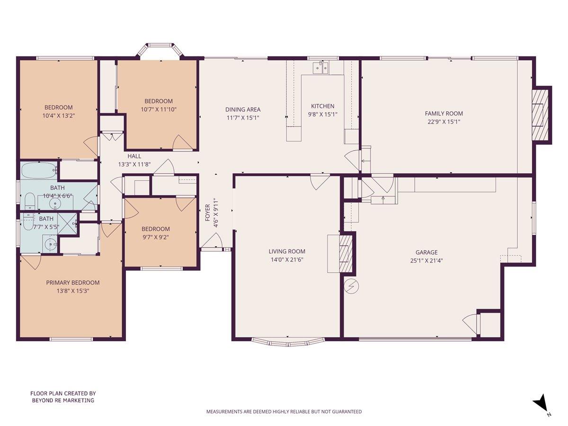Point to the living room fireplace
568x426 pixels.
pyautogui.click(x=346, y=253)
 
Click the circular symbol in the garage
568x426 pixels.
pyautogui.click(x=351, y=286)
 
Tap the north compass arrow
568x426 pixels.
pyautogui.click(x=541, y=404)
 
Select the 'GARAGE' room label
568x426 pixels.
pyautogui.click(x=426, y=252)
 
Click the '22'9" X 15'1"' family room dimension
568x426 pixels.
pyautogui.click(x=444, y=121)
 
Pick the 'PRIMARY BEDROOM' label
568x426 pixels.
pyautogui.click(x=73, y=283)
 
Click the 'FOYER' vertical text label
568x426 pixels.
pyautogui.click(x=207, y=213)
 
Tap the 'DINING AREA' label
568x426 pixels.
pyautogui.click(x=242, y=109)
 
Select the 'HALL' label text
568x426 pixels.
pyautogui.click(x=134, y=156)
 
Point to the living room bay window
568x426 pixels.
pyautogui.click(x=288, y=341)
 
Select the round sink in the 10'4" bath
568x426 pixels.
pyautogui.click(x=56, y=205)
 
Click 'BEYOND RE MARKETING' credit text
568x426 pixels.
pyautogui.click(x=63, y=400)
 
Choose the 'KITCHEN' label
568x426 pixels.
pyautogui.click(x=322, y=106)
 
